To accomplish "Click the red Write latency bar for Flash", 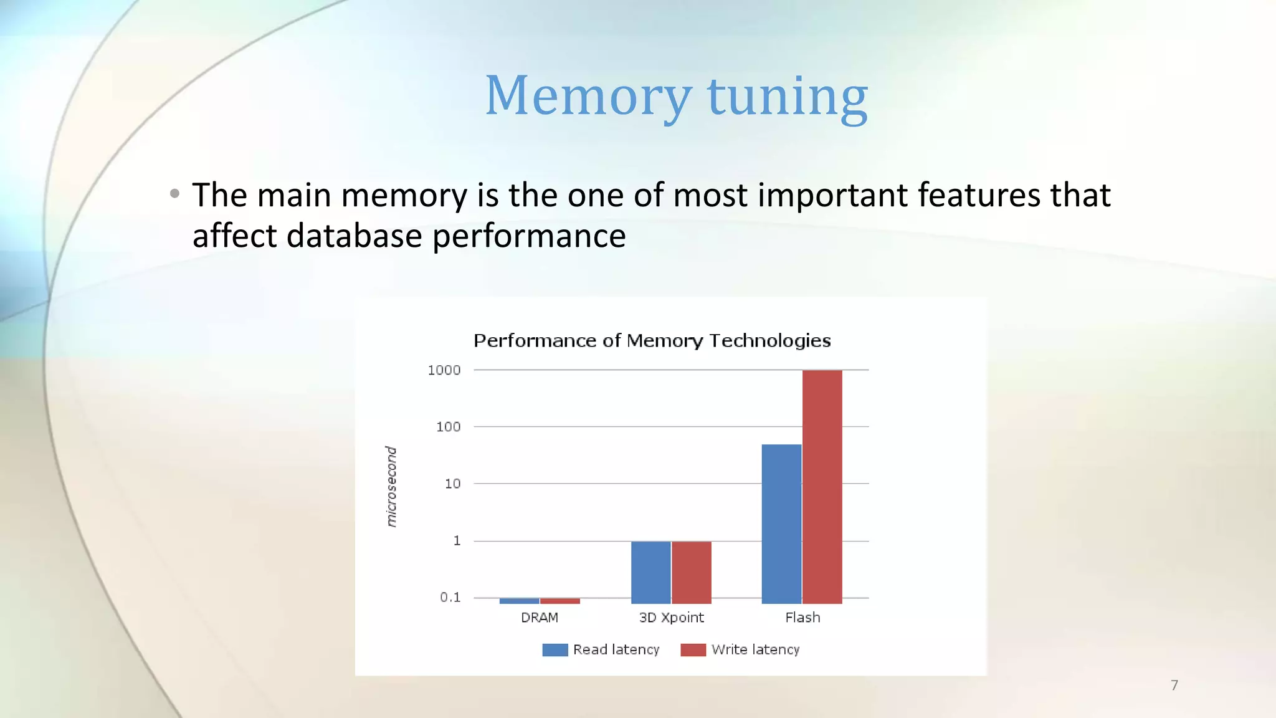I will [x=822, y=486].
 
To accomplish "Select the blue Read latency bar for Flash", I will [x=781, y=524].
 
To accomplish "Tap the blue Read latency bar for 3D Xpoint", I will [x=650, y=572].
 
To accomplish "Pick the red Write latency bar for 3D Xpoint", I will [x=691, y=572].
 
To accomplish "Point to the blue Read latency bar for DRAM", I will [x=519, y=601].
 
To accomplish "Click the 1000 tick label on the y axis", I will [x=444, y=370].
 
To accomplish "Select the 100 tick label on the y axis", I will [x=448, y=427].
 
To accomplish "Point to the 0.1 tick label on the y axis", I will [x=450, y=597].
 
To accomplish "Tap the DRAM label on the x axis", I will [x=540, y=618].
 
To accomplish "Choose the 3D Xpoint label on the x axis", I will [x=671, y=618].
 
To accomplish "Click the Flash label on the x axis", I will [x=802, y=618].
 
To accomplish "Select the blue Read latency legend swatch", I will [x=555, y=650].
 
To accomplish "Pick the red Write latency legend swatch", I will [x=693, y=650].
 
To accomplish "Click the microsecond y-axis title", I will [x=391, y=486].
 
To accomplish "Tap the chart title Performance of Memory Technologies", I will [x=652, y=341].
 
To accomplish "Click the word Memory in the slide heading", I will [x=588, y=96].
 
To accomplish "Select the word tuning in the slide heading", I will [x=788, y=97].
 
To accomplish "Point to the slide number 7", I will [x=1174, y=686].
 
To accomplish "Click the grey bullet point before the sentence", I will [x=174, y=194].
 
